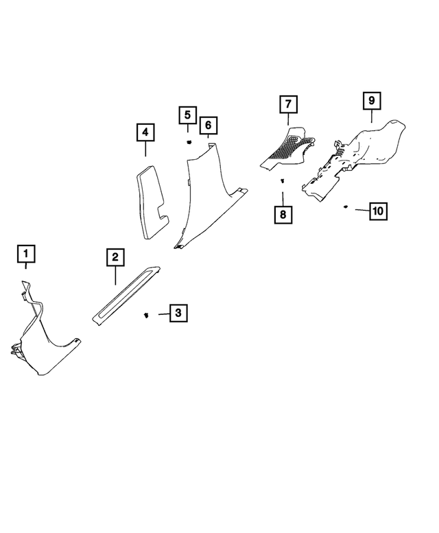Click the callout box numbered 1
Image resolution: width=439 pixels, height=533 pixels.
coord(26,255)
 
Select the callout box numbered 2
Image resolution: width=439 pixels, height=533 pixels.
coord(115,257)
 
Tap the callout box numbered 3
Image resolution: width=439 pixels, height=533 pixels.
coord(178,313)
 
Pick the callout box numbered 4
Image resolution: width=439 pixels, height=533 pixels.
coord(145,131)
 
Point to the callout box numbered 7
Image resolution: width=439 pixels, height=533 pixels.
coord(288,105)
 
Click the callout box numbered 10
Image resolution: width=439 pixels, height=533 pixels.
coord(377,211)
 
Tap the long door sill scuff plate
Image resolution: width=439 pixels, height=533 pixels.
coord(127,295)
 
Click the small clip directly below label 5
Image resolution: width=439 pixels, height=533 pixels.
coord(188,141)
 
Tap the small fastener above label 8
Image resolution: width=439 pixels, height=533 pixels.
coord(282,181)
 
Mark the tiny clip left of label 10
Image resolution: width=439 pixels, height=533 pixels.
coord(347,206)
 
